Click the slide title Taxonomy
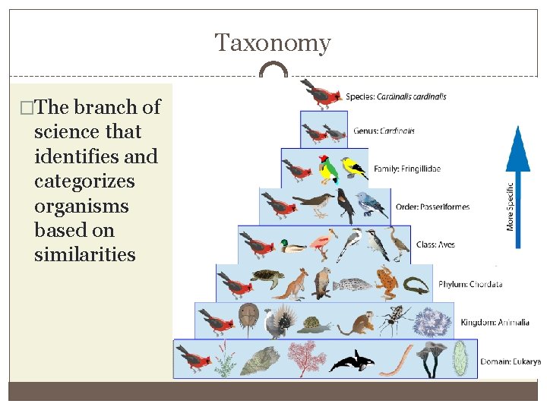point(273,43)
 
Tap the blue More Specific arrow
point(518,186)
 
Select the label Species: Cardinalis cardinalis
point(396,96)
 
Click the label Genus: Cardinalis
point(384,131)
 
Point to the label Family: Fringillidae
point(406,168)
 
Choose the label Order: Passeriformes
point(432,207)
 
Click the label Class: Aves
point(435,244)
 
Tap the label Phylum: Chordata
point(470,285)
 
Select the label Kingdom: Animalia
point(495,323)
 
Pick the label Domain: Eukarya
point(510,361)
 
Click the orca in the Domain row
point(351,361)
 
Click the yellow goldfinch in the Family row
point(353,166)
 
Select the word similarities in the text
point(84,254)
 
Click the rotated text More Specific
point(510,205)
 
